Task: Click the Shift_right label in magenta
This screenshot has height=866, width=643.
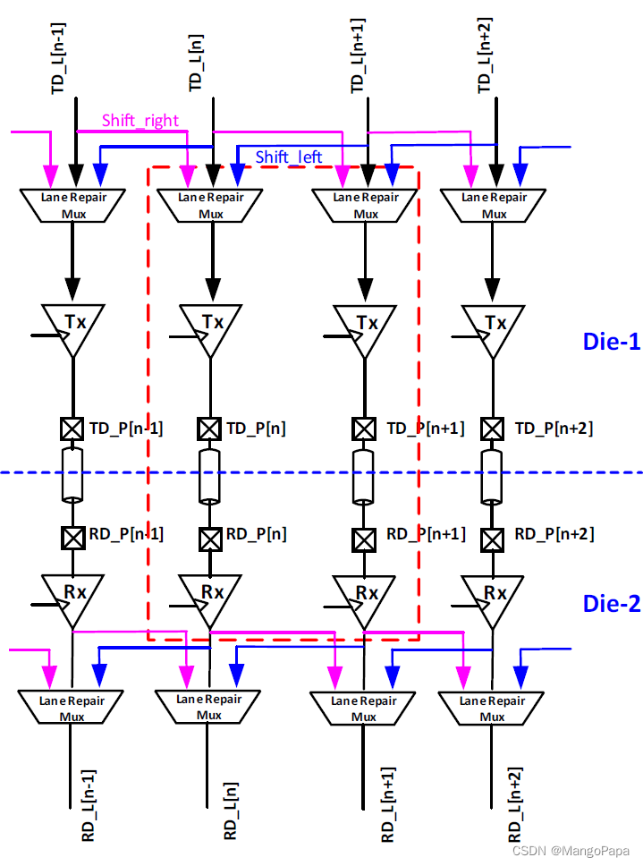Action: [140, 121]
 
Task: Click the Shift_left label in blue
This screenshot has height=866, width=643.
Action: [289, 157]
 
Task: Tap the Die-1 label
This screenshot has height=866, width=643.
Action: [612, 341]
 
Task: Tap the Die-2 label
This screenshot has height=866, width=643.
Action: [612, 603]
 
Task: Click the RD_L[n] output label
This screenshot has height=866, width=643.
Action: [231, 810]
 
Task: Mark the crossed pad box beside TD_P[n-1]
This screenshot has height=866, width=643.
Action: [72, 429]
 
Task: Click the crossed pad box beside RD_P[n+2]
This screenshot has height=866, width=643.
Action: [492, 539]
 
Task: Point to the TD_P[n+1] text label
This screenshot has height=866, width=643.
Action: [425, 429]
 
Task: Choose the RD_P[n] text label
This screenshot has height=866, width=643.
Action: [256, 535]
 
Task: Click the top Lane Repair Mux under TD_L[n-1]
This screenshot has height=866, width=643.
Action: [72, 205]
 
